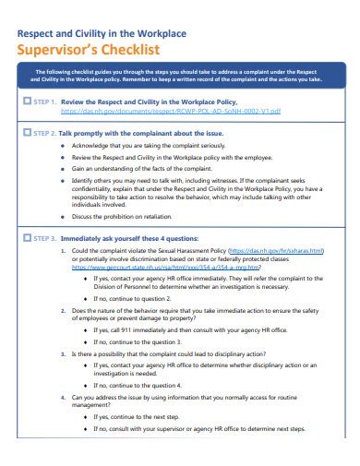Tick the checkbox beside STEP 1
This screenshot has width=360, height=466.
[x=25, y=101]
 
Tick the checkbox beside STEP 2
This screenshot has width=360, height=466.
[x=25, y=132]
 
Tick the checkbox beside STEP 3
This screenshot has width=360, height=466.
[x=25, y=237]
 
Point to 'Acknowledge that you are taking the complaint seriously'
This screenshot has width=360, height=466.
[x=149, y=146]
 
